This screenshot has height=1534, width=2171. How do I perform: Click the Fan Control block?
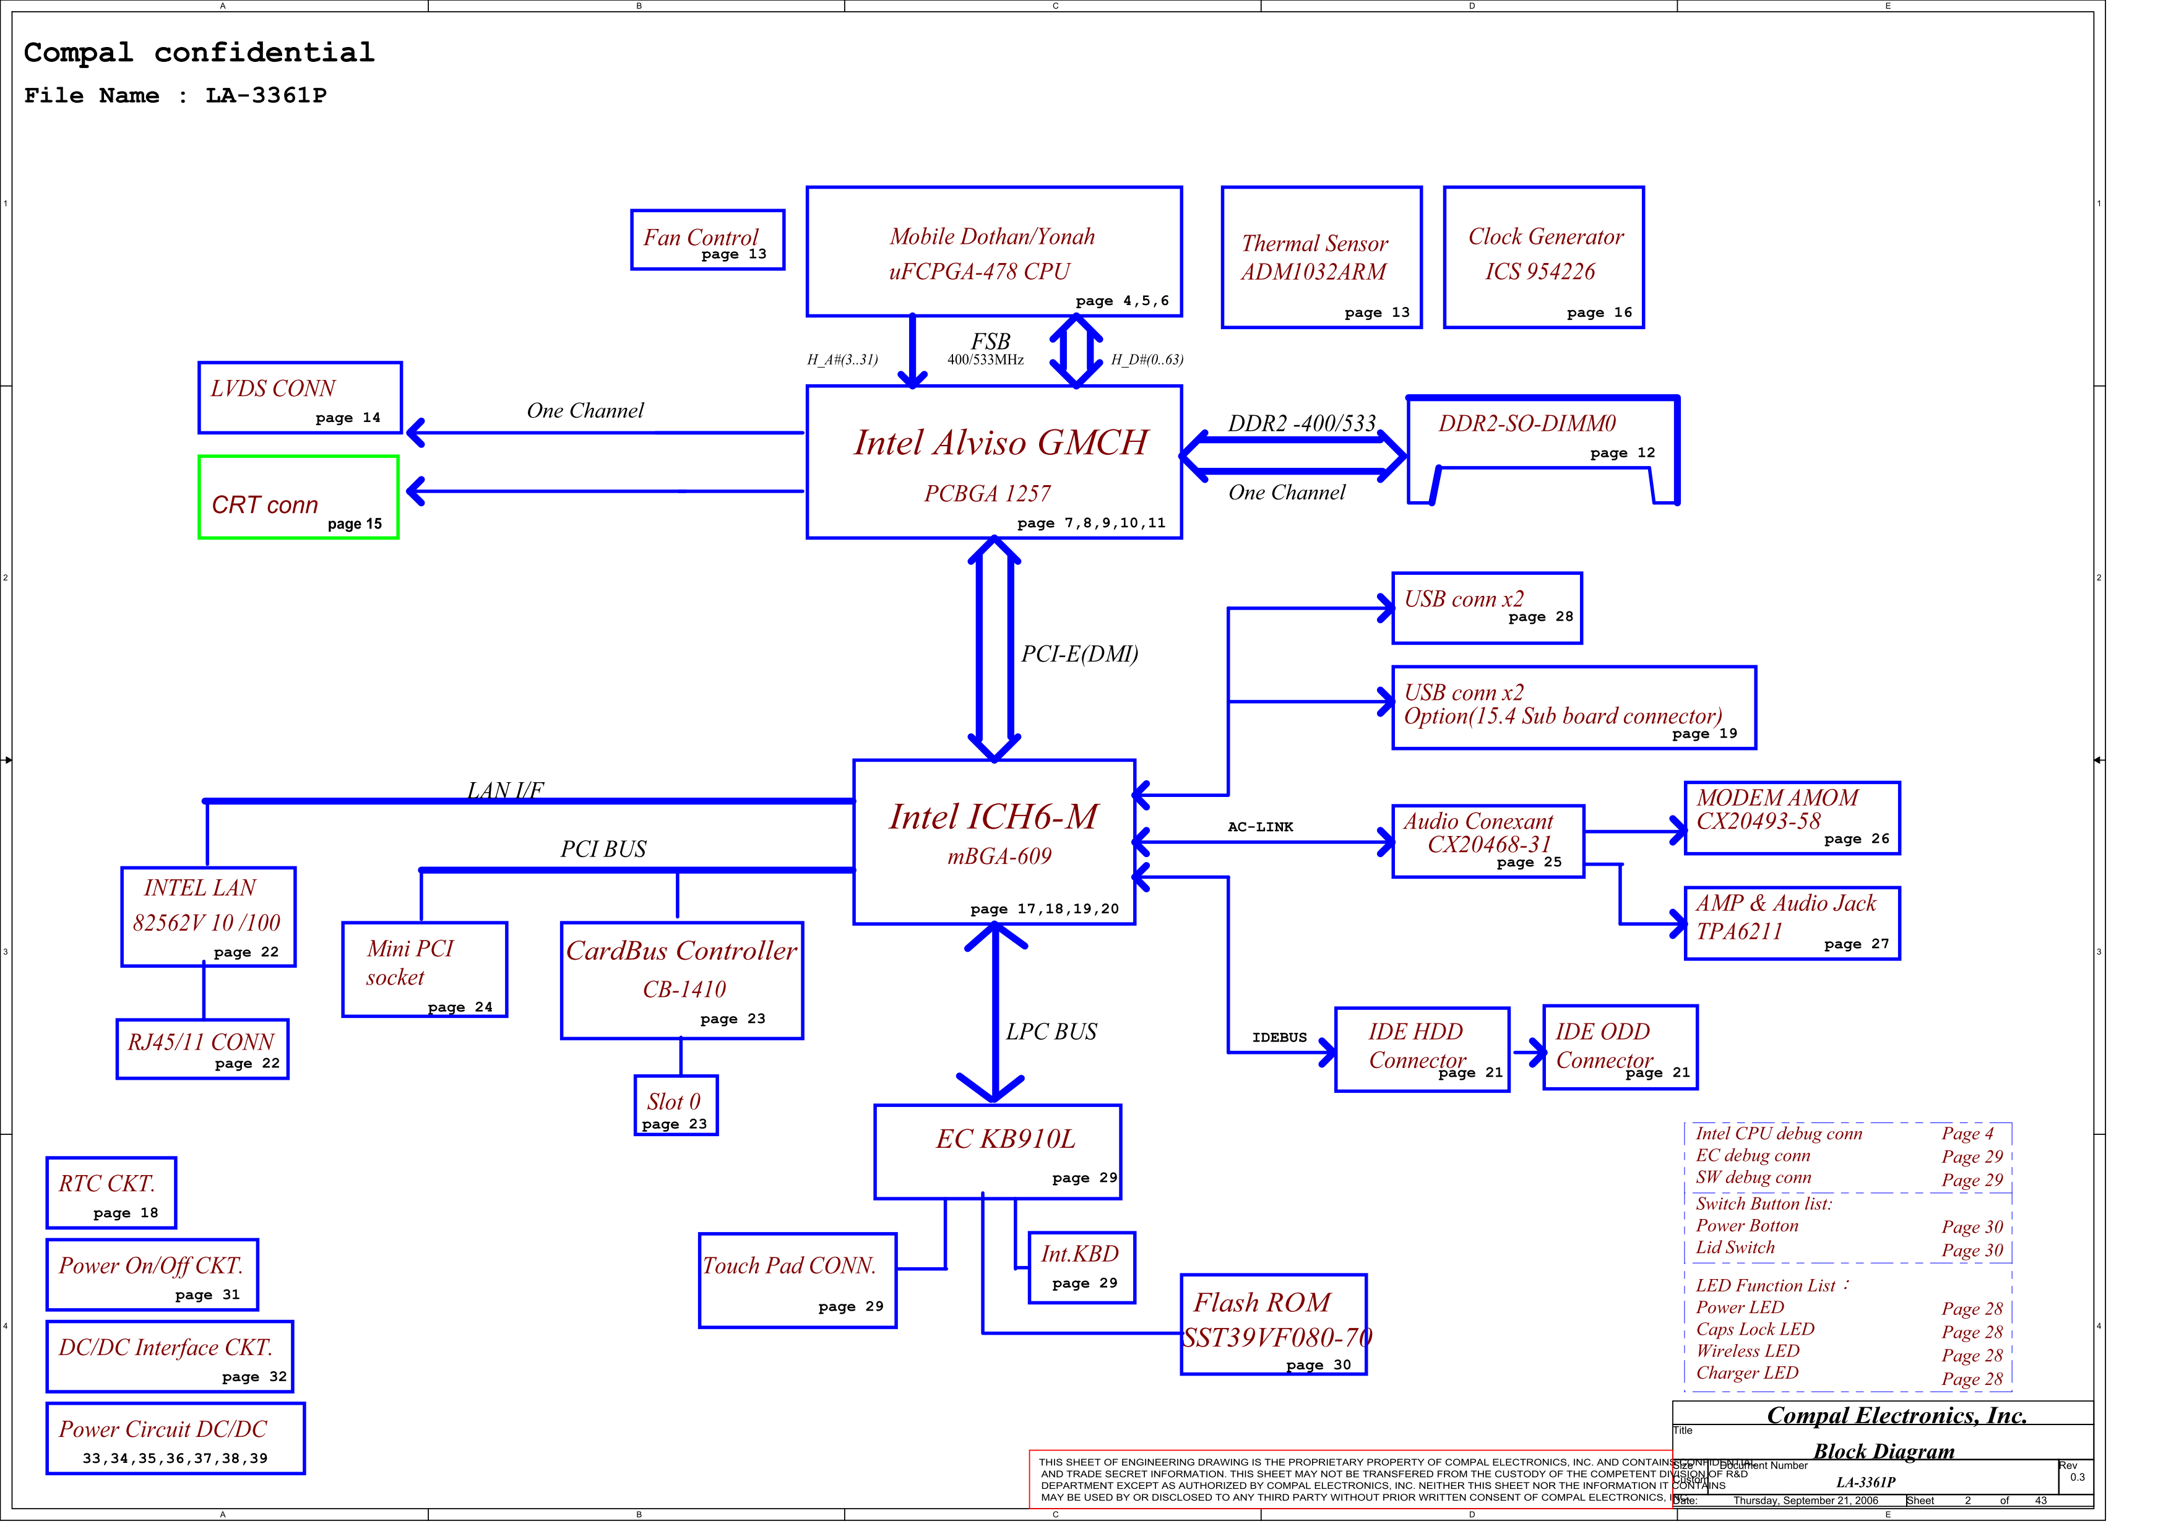tap(707, 240)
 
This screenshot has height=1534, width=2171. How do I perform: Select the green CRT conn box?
tap(298, 498)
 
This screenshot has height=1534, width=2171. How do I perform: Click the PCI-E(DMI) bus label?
tap(1079, 654)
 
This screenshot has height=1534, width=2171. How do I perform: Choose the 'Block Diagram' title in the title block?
tap(1883, 1451)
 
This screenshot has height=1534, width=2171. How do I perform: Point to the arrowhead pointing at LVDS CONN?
tap(415, 433)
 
